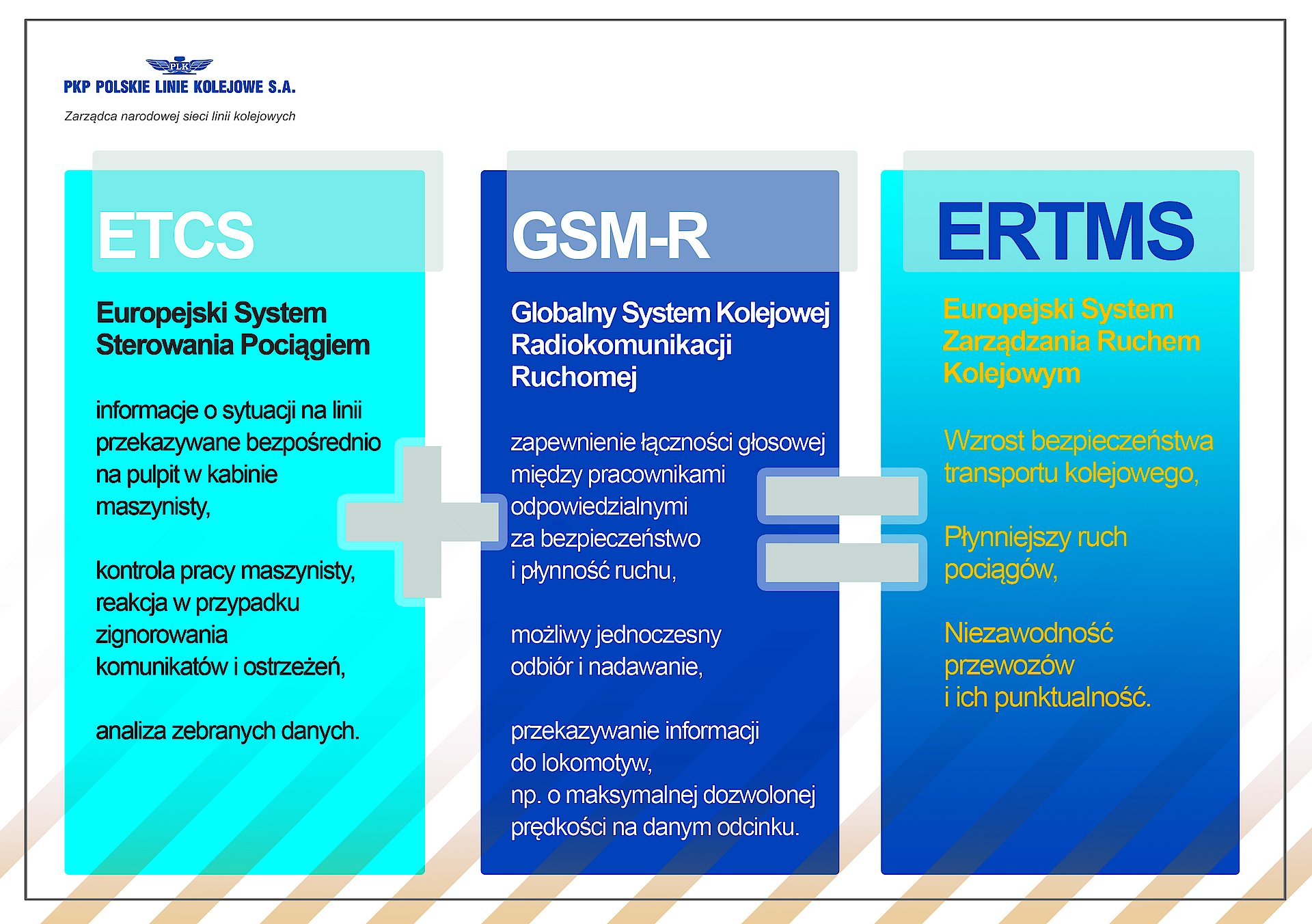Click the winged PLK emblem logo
180,66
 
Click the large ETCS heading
176,235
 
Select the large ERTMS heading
1066,232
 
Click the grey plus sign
422,521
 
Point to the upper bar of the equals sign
842,495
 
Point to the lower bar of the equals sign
842,562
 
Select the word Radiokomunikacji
621,345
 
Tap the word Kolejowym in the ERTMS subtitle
1011,374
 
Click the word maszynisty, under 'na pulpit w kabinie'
153,507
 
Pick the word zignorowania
162,635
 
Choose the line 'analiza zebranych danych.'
228,731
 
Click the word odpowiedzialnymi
599,507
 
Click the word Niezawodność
1028,634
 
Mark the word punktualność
1072,698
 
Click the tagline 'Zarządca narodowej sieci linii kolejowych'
180,116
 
